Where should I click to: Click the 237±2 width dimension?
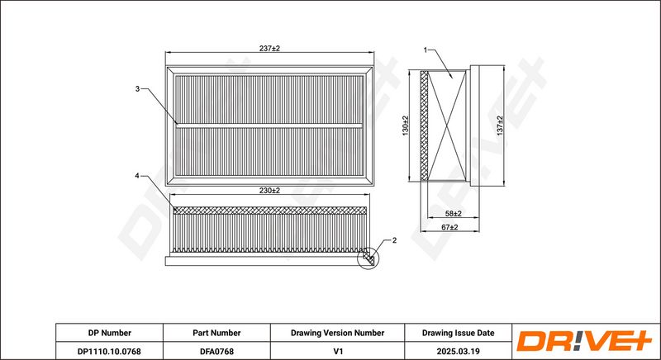coord(269,49)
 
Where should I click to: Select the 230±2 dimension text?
coord(269,190)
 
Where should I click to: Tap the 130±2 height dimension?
coord(406,126)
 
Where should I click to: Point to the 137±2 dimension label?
coord(500,126)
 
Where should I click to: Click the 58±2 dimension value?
coord(453,214)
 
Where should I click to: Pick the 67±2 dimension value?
coord(449,227)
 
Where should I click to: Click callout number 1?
coord(426,50)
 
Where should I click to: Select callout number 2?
coord(394,240)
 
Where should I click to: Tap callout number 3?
coord(137,89)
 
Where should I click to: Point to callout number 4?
coord(136,176)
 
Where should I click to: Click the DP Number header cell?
coord(110,333)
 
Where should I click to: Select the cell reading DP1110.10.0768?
coord(110,351)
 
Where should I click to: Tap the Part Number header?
coord(216,333)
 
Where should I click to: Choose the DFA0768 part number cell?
coord(216,351)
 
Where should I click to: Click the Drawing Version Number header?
coord(337,333)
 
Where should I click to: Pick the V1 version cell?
coord(337,351)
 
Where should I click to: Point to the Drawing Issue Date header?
coord(459,333)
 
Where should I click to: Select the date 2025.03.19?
coord(459,351)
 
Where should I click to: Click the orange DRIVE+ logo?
coord(584,341)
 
